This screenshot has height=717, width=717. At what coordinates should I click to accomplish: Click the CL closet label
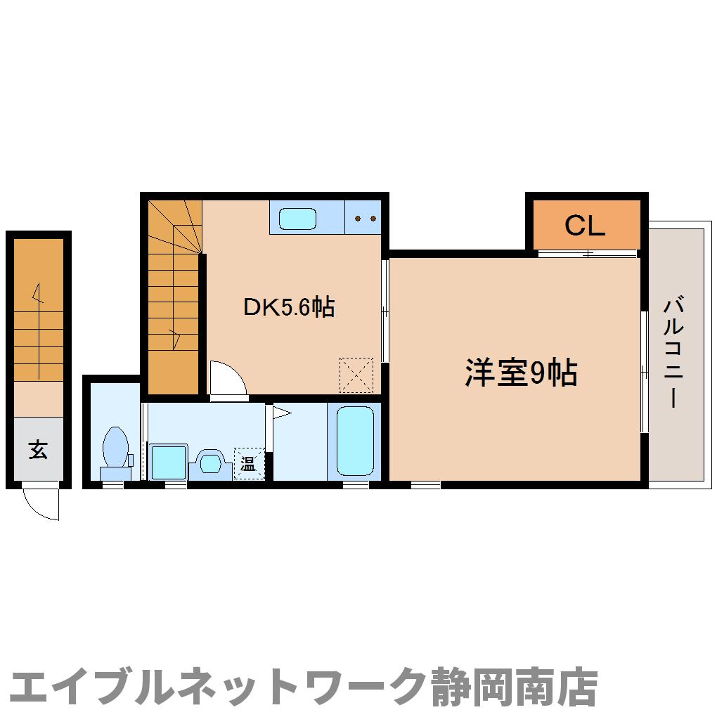[585, 226]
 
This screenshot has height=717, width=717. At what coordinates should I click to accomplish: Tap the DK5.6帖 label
[288, 306]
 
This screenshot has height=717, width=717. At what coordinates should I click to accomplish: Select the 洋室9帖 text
[520, 373]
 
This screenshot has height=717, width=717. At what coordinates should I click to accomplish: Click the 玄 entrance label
[39, 449]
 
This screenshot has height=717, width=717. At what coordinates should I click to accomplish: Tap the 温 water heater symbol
[248, 463]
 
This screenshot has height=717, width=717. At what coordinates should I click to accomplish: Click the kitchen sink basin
[298, 219]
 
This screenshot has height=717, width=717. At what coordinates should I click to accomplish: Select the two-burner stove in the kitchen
[364, 219]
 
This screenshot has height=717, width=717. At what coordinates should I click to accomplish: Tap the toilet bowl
[115, 447]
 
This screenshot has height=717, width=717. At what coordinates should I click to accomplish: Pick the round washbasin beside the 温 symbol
[209, 462]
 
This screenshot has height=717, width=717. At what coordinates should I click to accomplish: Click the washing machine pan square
[169, 461]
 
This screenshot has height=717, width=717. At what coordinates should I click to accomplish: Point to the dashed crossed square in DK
[356, 375]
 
